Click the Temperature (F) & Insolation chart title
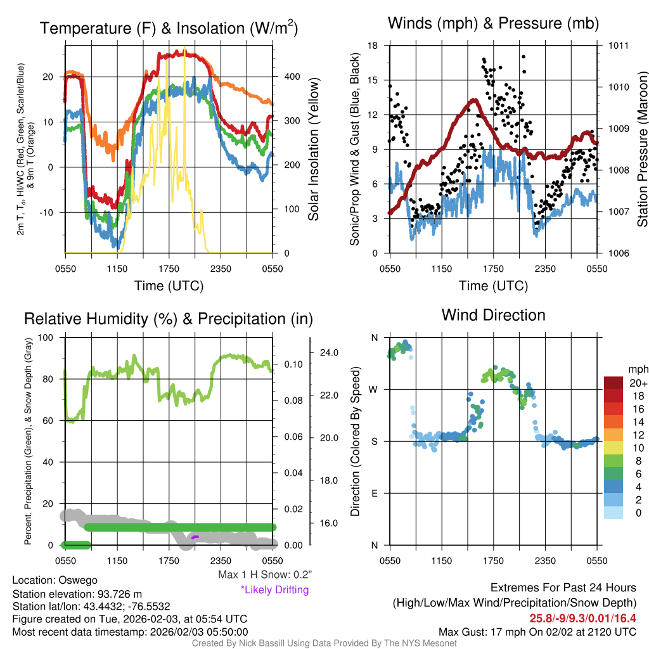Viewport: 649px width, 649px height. pyautogui.click(x=169, y=29)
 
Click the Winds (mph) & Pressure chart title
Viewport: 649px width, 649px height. pyautogui.click(x=493, y=23)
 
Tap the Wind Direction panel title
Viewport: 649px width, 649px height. pyautogui.click(x=493, y=315)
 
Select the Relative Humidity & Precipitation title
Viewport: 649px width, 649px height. pyautogui.click(x=168, y=319)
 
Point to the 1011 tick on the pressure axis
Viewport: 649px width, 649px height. pyautogui.click(x=619, y=46)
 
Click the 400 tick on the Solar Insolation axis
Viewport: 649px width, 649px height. pyautogui.click(x=292, y=76)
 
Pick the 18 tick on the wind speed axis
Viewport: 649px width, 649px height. pyautogui.click(x=373, y=46)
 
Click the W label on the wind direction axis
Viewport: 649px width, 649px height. pyautogui.click(x=375, y=389)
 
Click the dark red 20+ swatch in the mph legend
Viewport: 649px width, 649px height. pyautogui.click(x=614, y=383)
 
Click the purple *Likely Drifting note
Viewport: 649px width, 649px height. pyautogui.click(x=274, y=589)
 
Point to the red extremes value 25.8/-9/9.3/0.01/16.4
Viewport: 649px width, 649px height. pyautogui.click(x=582, y=617)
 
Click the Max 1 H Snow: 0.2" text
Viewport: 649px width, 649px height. pyautogui.click(x=265, y=575)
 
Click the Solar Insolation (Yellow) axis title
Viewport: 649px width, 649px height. pyautogui.click(x=314, y=149)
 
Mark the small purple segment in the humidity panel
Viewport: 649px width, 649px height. pyautogui.click(x=195, y=537)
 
